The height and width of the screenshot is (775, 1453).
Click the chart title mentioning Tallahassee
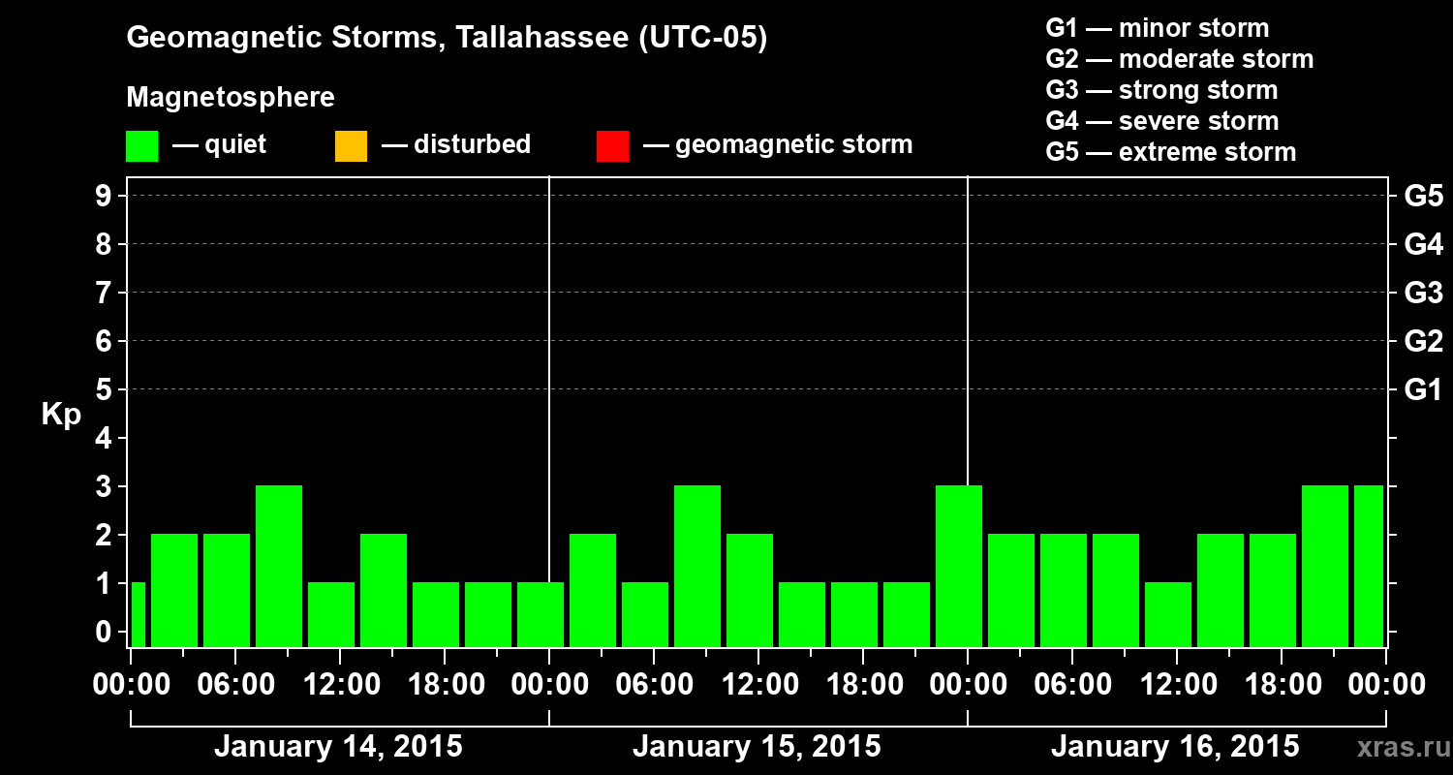click(447, 39)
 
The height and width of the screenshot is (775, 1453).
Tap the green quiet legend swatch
click(141, 145)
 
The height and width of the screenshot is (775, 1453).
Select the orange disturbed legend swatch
click(351, 145)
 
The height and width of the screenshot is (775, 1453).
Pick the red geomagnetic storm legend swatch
click(612, 145)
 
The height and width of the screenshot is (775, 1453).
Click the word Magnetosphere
click(231, 98)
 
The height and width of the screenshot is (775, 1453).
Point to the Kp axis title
click(61, 415)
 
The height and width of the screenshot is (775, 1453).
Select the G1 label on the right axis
click(1423, 390)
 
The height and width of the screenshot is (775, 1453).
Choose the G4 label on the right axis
click(1423, 244)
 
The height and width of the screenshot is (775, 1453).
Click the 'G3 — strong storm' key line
click(1161, 90)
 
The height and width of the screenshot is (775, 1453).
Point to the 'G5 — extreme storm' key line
click(1170, 152)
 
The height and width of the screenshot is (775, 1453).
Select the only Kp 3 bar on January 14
click(279, 566)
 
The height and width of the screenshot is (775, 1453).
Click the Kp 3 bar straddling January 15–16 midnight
click(959, 566)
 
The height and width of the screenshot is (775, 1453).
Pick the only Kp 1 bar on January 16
click(1168, 614)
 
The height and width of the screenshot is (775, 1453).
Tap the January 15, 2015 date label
click(757, 747)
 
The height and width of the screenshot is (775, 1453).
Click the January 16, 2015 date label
click(1175, 747)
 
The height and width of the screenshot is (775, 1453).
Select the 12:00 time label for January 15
click(757, 685)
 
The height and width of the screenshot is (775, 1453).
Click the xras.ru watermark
click(1396, 748)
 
